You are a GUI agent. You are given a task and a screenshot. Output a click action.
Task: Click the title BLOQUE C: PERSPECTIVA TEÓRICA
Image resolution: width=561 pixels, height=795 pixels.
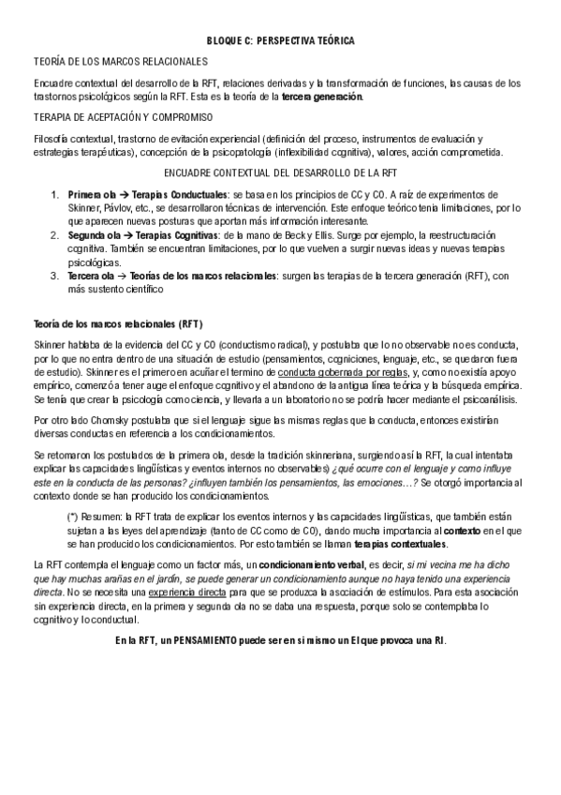click(281, 42)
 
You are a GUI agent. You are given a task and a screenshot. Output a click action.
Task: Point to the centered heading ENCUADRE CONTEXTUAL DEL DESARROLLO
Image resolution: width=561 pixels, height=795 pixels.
click(281, 172)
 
